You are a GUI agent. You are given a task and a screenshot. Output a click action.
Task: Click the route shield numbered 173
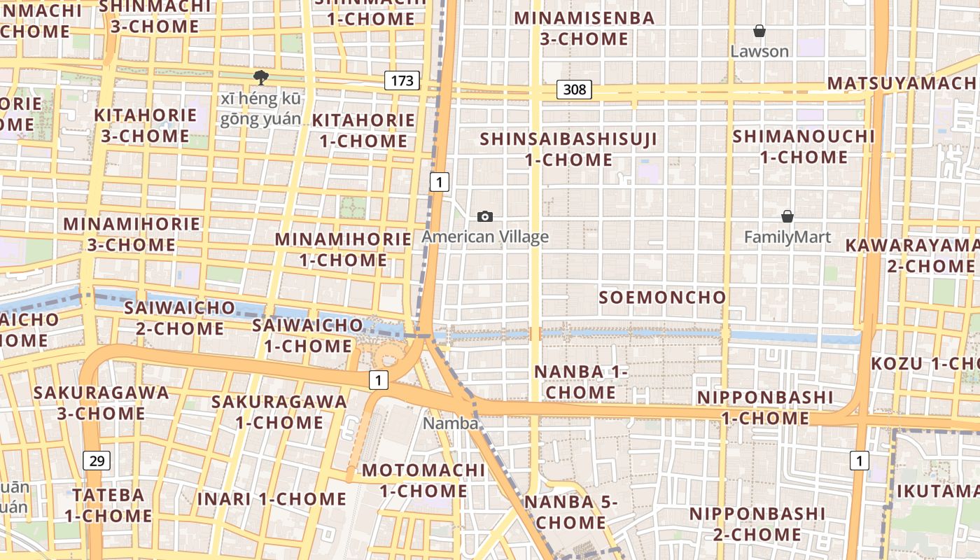tap(402, 80)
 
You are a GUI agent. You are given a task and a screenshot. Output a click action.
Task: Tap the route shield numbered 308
tap(574, 90)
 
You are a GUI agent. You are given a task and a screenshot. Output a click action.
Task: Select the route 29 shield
tap(97, 460)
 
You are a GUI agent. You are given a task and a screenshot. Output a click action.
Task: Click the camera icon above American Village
tap(484, 216)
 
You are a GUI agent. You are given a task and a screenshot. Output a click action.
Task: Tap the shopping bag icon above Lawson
tap(759, 31)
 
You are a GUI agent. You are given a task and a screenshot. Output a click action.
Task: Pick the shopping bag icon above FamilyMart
tap(787, 216)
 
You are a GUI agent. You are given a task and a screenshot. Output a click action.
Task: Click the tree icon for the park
tap(261, 77)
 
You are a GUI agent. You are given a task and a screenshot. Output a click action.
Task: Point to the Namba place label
tap(451, 423)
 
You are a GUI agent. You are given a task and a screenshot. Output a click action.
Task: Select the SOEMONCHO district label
tap(662, 297)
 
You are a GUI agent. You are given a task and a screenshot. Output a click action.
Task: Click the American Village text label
tap(485, 237)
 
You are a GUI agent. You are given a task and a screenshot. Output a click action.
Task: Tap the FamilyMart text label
tap(787, 237)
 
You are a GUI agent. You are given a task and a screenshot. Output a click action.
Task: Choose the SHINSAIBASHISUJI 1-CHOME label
tap(568, 149)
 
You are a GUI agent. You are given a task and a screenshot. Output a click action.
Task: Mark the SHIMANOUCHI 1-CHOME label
tap(804, 146)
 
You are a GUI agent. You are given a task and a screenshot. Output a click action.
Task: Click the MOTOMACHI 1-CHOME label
tap(423, 480)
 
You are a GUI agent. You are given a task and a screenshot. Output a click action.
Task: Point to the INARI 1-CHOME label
tap(272, 499)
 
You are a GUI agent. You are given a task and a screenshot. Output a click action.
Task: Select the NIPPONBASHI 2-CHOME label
tap(757, 524)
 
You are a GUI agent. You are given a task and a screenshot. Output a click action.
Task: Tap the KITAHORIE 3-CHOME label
tap(146, 125)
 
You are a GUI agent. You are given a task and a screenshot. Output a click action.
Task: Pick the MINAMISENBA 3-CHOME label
tap(584, 28)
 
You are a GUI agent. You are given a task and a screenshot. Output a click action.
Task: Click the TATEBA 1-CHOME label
tap(108, 505)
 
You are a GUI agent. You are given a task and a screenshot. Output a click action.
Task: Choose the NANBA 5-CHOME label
tap(570, 512)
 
